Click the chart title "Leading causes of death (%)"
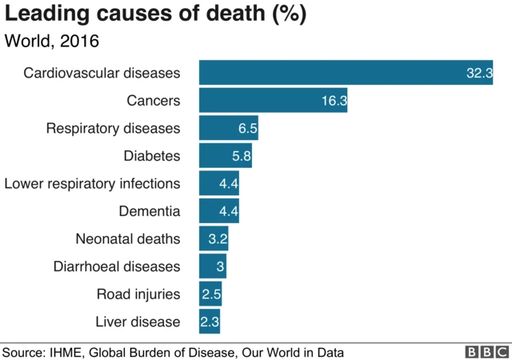[157, 14]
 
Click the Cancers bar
[273, 101]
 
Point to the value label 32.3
[478, 74]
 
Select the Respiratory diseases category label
[113, 128]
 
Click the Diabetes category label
[151, 155]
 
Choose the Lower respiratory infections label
[92, 183]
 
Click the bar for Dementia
[218, 211]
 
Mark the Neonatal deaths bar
[214, 238]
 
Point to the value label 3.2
[218, 239]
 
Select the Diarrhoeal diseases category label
[117, 266]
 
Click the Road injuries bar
[210, 294]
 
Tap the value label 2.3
[210, 322]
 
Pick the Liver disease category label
[138, 322]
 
